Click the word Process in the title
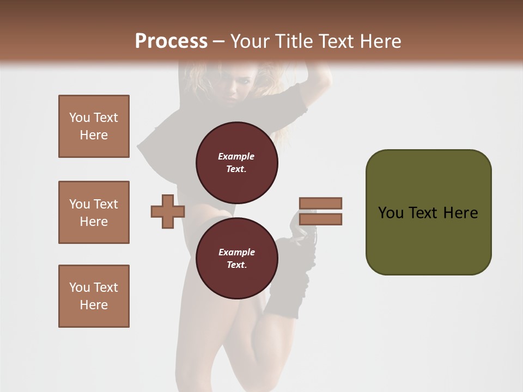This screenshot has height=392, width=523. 171,41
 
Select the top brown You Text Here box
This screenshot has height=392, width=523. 94,126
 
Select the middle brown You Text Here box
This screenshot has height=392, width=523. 94,212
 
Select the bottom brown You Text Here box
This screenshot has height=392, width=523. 94,296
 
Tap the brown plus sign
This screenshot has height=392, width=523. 168,211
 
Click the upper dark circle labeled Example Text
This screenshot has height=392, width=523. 236,162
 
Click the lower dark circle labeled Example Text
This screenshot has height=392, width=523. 236,258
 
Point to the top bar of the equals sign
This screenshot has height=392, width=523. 320,203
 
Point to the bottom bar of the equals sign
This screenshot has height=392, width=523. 320,219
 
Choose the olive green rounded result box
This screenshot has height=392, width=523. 428,212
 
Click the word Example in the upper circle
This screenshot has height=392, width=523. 236,156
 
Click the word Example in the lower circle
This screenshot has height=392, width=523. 236,252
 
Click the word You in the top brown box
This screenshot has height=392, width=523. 78,118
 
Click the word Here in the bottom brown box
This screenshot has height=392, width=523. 94,305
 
